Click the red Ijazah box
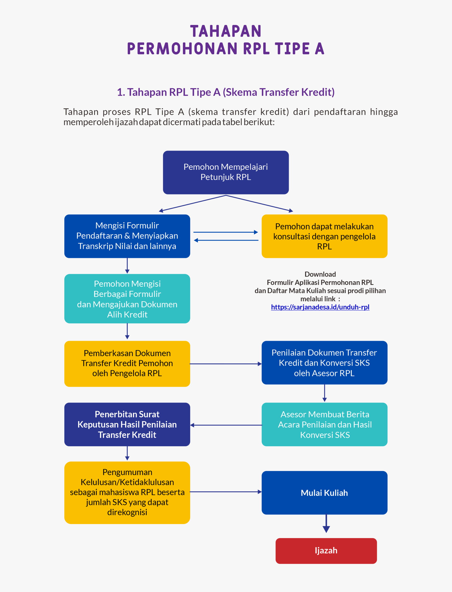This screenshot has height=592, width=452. coord(326,551)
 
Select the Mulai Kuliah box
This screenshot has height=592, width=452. coord(324,493)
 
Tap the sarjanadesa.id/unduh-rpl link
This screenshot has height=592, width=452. coord(320,307)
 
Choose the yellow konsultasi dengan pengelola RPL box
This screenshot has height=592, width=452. coord(324,236)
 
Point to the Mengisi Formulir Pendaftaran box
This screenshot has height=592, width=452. coord(127,236)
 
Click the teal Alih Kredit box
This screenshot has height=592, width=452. coord(127,299)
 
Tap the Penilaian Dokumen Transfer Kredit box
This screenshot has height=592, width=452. coord(324,362)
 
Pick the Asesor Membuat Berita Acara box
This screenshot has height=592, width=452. coord(324,424)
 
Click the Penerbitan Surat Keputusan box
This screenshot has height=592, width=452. coord(127,424)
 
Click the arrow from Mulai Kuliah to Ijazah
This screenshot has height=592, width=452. coord(326,523)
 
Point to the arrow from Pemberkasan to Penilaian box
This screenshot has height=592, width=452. coord(226,364)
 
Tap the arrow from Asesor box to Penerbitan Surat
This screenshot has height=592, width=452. coord(226,425)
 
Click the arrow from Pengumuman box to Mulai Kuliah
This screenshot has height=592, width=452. coord(226,492)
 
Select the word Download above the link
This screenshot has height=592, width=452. coord(320,274)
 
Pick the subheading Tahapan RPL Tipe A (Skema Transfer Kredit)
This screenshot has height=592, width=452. coord(226,92)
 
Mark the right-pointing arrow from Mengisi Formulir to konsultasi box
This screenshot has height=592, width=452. coord(226,232)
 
